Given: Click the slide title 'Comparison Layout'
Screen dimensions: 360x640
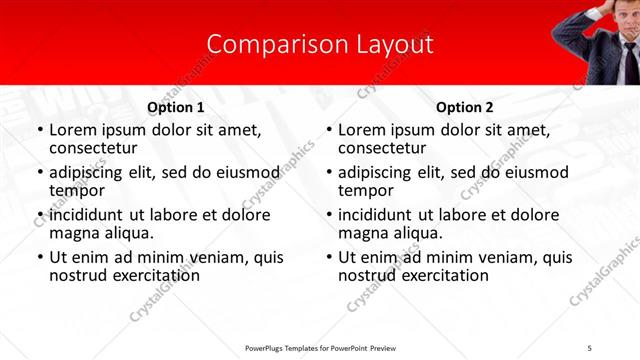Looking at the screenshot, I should pyautogui.click(x=320, y=45).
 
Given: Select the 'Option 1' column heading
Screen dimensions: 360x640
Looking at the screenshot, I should pyautogui.click(x=176, y=107).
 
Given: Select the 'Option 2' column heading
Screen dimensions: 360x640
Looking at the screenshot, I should pyautogui.click(x=465, y=107).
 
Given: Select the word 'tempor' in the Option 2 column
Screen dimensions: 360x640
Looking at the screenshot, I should pyautogui.click(x=365, y=190).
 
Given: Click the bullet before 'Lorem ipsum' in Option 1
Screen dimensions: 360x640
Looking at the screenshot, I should pyautogui.click(x=39, y=131).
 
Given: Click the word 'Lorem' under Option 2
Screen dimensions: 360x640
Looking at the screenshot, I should pyautogui.click(x=362, y=130).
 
